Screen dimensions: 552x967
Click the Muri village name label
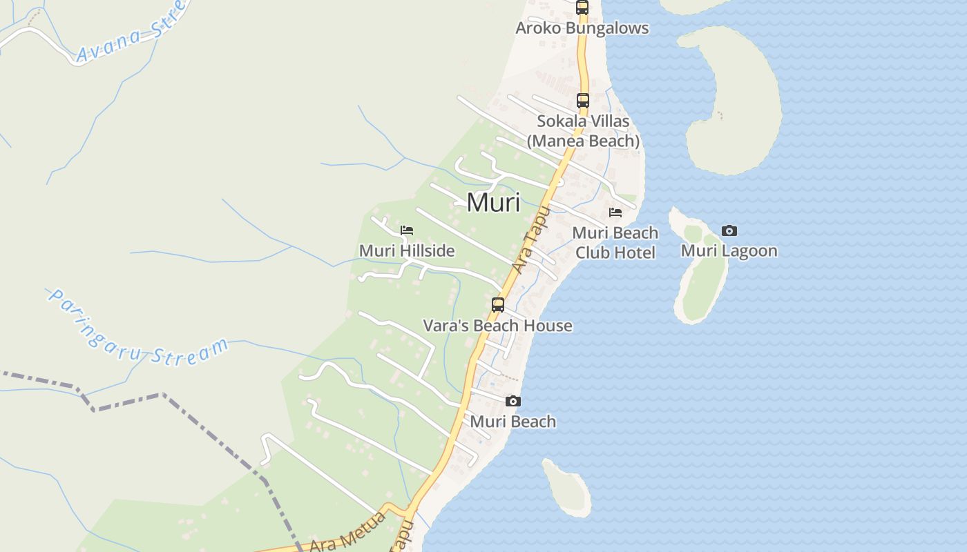[493, 203]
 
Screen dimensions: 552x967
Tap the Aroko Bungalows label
[582, 28]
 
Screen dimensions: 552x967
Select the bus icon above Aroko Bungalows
[582, 8]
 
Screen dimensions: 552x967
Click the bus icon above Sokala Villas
[582, 101]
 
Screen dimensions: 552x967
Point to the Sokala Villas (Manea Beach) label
[583, 131]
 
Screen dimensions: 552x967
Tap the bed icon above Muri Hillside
[407, 230]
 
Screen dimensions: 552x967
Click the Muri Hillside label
[407, 250]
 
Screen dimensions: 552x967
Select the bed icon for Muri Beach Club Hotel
[615, 213]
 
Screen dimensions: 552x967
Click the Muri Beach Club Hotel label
[615, 243]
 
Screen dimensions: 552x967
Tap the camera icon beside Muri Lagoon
[729, 230]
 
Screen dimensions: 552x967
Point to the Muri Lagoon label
[729, 250]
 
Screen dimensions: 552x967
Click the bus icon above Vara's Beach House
[497, 304]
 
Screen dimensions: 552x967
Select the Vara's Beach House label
[497, 326]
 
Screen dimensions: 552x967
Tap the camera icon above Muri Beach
[513, 401]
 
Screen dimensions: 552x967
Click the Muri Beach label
[513, 422]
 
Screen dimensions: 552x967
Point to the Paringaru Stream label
[138, 328]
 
